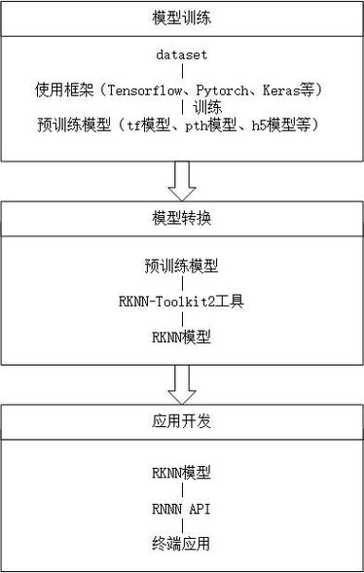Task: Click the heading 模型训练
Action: click(x=181, y=19)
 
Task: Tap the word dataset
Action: click(x=181, y=54)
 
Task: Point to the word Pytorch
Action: click(x=223, y=90)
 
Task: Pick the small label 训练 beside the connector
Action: click(x=205, y=107)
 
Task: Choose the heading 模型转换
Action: click(x=181, y=218)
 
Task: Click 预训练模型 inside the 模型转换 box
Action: click(x=181, y=265)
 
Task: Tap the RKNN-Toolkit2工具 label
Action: click(x=181, y=301)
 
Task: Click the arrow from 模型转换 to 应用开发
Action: click(x=181, y=383)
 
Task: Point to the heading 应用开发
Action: click(x=181, y=423)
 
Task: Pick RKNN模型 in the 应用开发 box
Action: click(x=181, y=472)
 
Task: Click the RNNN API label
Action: click(x=181, y=507)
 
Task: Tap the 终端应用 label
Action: click(x=181, y=543)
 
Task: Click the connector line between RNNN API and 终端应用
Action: click(x=181, y=525)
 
